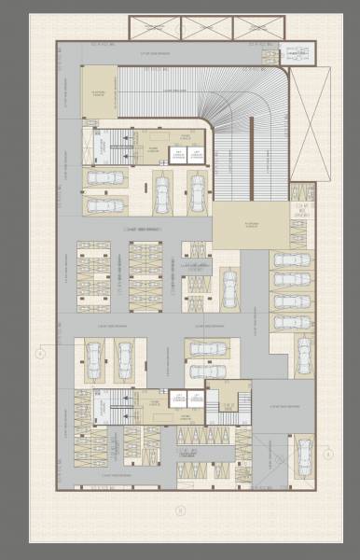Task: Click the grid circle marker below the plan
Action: click(x=181, y=511)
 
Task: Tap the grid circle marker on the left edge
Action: click(x=40, y=353)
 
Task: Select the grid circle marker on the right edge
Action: click(x=328, y=455)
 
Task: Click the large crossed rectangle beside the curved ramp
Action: click(x=310, y=125)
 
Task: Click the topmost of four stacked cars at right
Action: click(x=292, y=259)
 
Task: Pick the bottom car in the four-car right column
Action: click(x=292, y=322)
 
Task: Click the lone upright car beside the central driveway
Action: click(x=228, y=287)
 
